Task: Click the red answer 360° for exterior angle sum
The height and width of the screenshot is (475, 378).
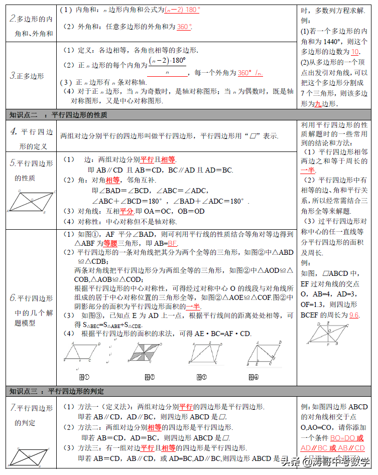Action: [x=184, y=27]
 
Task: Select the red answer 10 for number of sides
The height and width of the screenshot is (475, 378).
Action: [x=355, y=52]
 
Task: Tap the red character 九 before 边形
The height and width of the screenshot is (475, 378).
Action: [x=317, y=104]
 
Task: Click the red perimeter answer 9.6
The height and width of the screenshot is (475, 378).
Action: [x=354, y=315]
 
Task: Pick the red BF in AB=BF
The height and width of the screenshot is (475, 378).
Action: [x=173, y=243]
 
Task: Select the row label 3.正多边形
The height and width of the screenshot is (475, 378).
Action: [x=28, y=76]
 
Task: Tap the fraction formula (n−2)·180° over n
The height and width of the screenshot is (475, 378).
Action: [x=168, y=67]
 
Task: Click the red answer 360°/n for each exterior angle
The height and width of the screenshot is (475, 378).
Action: [x=249, y=73]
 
